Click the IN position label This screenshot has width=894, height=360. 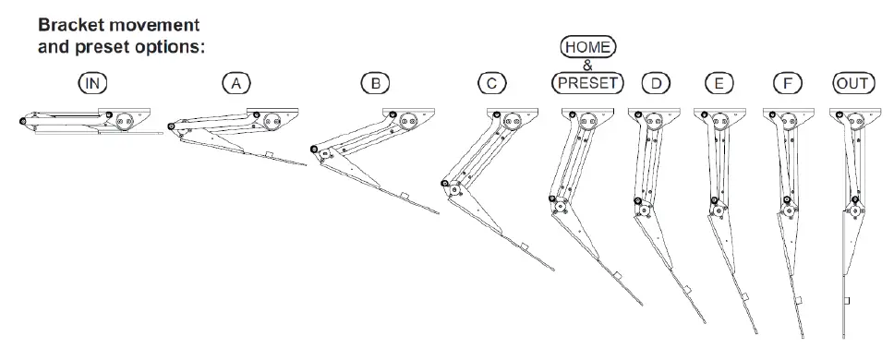click(93, 83)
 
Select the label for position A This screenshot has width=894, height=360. click(236, 83)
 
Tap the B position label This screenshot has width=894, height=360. click(375, 83)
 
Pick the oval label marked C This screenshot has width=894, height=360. click(492, 83)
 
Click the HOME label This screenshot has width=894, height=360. click(588, 47)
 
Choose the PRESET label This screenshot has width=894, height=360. click(588, 83)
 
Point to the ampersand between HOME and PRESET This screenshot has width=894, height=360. click(588, 65)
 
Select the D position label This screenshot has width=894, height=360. click(657, 83)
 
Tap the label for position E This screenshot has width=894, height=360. click(719, 83)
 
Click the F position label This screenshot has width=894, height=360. click(787, 83)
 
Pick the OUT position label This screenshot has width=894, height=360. click(852, 83)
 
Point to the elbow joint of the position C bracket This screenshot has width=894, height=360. click(448, 186)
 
